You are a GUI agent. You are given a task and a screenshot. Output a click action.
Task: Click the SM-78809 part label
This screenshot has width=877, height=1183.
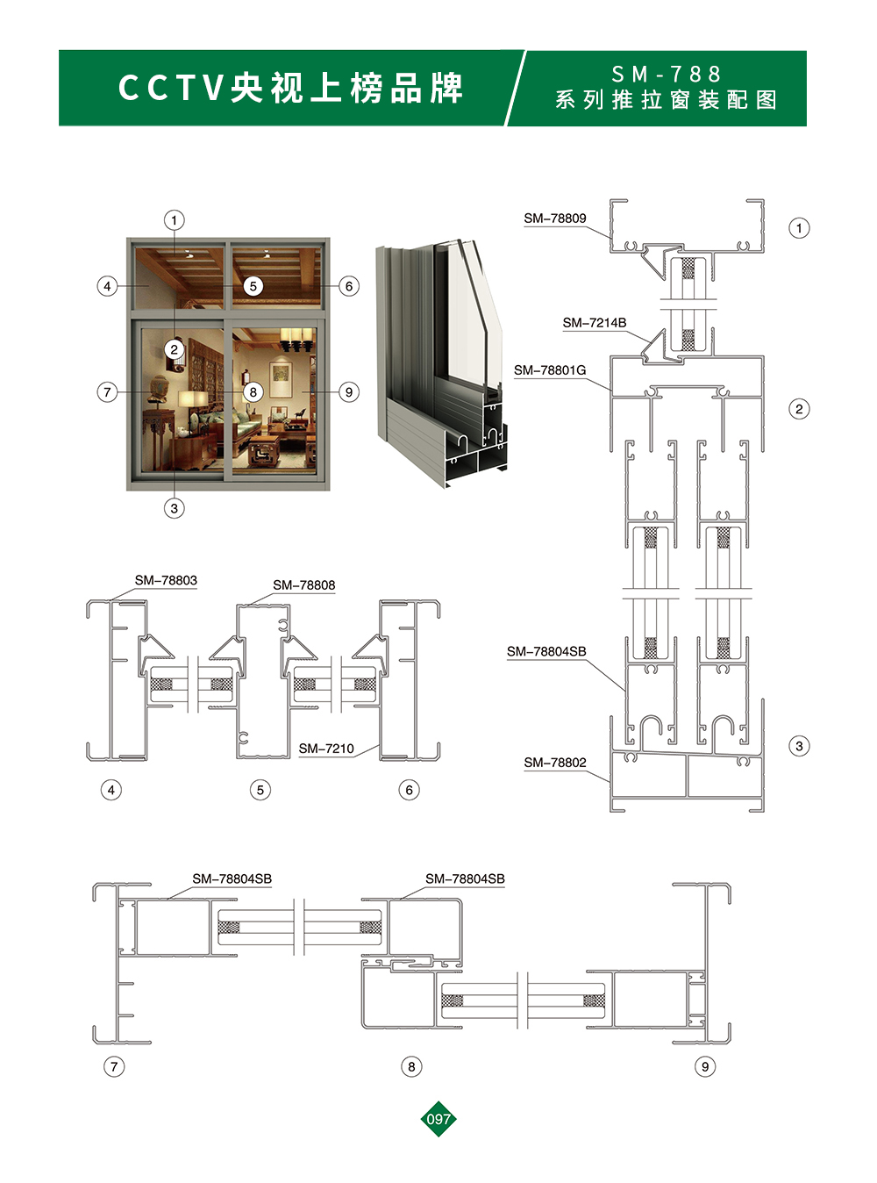coord(554,219)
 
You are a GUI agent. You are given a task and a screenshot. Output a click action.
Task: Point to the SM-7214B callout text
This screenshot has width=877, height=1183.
coord(595,323)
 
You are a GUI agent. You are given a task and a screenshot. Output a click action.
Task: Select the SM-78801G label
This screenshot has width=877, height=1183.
coord(550,370)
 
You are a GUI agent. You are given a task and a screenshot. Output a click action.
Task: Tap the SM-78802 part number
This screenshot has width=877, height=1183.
coord(554,763)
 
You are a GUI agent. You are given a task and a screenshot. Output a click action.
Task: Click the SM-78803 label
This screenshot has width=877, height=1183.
coord(166,580)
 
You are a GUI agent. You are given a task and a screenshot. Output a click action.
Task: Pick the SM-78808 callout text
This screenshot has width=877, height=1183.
coord(304,585)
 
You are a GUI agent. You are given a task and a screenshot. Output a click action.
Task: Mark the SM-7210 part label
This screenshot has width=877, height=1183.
coord(326,749)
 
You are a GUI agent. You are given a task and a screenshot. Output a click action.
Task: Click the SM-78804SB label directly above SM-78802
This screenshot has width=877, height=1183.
coord(546,651)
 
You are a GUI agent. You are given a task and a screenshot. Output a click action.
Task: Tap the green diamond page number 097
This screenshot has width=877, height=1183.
coord(438,1119)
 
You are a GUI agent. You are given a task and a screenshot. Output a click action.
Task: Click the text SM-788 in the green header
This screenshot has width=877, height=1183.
coord(667,75)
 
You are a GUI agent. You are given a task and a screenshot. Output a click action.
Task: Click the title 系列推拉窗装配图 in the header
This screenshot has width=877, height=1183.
coord(667,100)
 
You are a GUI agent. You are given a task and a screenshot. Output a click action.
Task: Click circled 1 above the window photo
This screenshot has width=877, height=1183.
coord(175,220)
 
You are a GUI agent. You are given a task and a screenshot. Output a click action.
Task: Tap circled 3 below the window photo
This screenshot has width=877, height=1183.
coord(175,508)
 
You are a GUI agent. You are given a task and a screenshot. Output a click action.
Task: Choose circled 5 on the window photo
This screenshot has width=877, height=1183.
coord(253,286)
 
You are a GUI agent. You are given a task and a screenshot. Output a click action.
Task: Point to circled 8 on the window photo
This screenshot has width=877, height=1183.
coord(253,392)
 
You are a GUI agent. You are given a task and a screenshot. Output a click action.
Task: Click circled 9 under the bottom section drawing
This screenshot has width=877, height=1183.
coord(705,1066)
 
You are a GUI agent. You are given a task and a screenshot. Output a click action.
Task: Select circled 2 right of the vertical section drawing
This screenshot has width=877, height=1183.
coord(799,409)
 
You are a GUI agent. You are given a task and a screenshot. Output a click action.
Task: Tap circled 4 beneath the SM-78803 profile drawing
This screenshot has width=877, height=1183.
coord(111,790)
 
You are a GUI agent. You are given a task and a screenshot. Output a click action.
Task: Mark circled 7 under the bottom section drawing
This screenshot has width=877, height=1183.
coord(114,1066)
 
